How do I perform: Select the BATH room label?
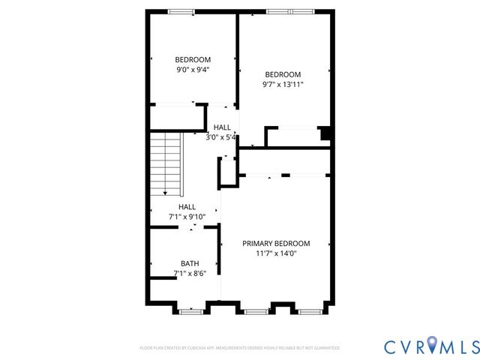(190, 263)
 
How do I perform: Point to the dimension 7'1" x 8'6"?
(190, 273)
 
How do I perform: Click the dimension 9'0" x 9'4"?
(193, 70)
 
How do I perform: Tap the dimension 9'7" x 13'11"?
(283, 84)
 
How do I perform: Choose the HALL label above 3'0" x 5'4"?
(222, 127)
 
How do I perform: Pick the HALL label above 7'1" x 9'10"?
(187, 207)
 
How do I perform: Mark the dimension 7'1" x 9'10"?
(187, 217)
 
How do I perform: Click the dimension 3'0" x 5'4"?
(222, 137)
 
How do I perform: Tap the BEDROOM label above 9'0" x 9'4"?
(193, 60)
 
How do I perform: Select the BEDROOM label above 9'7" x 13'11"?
(283, 74)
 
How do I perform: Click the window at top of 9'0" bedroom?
(181, 11)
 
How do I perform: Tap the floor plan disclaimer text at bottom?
(239, 348)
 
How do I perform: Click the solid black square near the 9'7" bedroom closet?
(325, 133)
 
